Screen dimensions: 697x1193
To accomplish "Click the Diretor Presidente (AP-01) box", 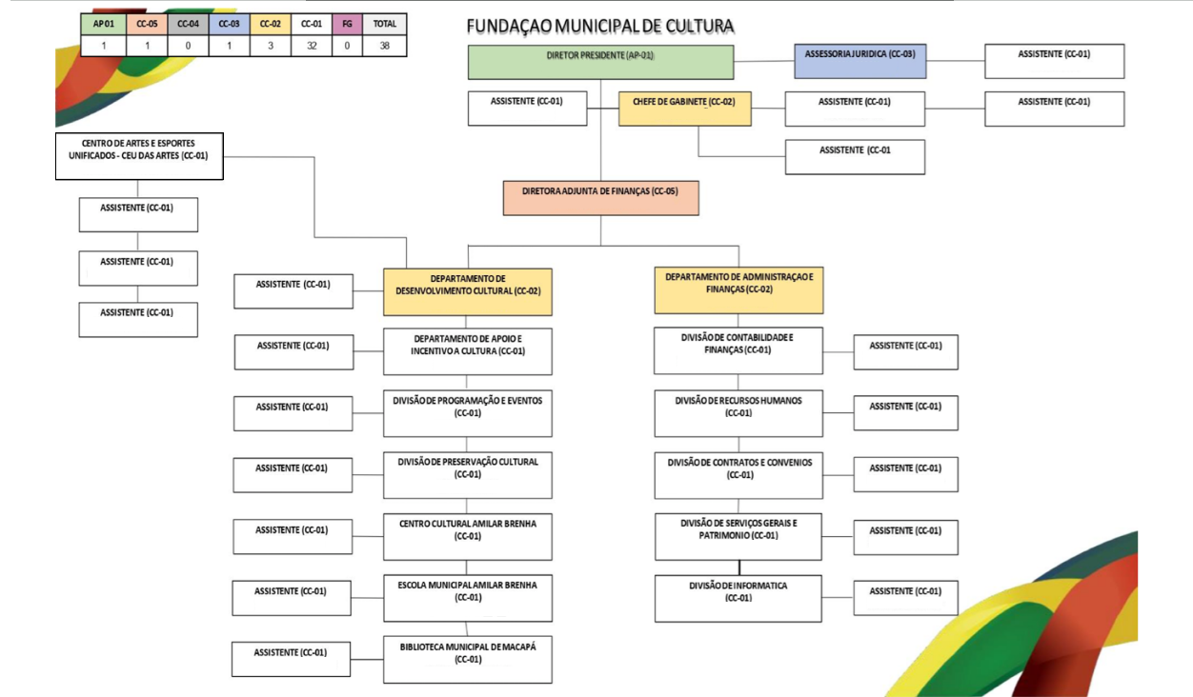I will (600, 61).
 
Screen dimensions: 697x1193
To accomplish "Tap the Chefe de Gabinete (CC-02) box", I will (684, 109).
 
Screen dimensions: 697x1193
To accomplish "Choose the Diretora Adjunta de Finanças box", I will (600, 197).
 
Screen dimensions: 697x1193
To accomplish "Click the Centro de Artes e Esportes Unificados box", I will (139, 156).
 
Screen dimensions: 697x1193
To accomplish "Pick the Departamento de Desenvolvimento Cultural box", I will (468, 291).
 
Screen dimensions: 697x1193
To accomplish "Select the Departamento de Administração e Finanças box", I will (738, 290).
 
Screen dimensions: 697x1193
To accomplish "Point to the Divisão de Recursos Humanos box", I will (738, 412).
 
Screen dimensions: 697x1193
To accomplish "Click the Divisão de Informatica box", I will (738, 598).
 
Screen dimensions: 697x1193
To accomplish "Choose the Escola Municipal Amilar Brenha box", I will (468, 597).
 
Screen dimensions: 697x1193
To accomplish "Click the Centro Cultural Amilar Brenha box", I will (468, 535).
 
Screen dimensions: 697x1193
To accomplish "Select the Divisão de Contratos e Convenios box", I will (738, 474).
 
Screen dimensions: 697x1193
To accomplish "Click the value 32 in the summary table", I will (313, 45).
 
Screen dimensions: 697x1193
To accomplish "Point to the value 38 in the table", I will (385, 45).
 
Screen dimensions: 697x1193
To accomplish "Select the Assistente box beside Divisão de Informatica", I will (905, 597).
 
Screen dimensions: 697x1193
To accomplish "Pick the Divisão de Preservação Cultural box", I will (468, 473).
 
